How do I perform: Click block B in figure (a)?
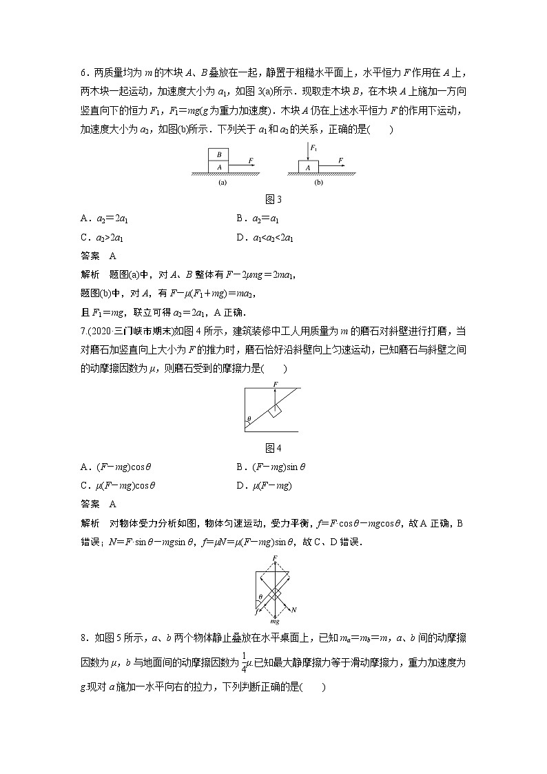coord(219,155)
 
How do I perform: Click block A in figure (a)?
coord(219,167)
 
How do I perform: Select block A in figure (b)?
coord(308,167)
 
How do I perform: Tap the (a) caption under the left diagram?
coord(223,184)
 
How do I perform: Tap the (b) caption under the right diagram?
coord(318,184)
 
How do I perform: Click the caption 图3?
coord(274,200)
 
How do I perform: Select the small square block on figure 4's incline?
coord(276,411)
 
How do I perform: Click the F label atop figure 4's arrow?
coord(276,383)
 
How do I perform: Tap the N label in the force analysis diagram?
coord(294,610)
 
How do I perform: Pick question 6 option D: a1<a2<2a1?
coord(265,238)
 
